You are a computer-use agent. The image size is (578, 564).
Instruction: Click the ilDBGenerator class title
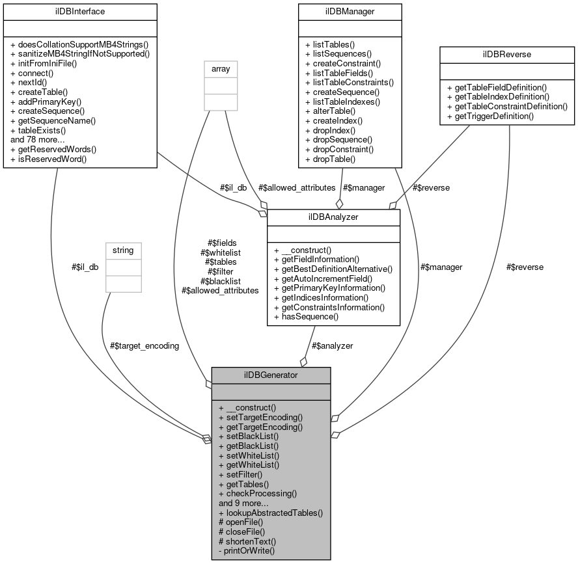(x=271, y=375)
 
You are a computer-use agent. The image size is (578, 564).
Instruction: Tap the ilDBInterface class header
(x=80, y=11)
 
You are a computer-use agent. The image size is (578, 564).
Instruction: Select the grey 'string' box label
(x=124, y=250)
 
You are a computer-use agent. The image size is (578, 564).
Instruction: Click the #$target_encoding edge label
(x=144, y=345)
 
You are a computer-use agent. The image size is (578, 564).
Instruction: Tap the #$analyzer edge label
(x=332, y=345)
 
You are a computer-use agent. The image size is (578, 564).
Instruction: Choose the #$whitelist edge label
(x=221, y=252)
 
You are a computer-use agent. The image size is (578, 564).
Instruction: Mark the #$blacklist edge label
(x=221, y=281)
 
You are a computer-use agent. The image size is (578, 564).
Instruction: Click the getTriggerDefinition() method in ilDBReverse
(x=494, y=116)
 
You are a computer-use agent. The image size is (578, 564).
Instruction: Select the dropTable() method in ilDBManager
(x=333, y=159)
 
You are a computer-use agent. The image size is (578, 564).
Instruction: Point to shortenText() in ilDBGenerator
(x=251, y=541)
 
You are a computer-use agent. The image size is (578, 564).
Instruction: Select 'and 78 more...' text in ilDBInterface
(x=38, y=140)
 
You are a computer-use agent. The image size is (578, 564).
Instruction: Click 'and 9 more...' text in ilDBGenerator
(x=245, y=503)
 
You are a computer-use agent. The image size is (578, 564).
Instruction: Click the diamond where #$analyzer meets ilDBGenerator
(x=303, y=361)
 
